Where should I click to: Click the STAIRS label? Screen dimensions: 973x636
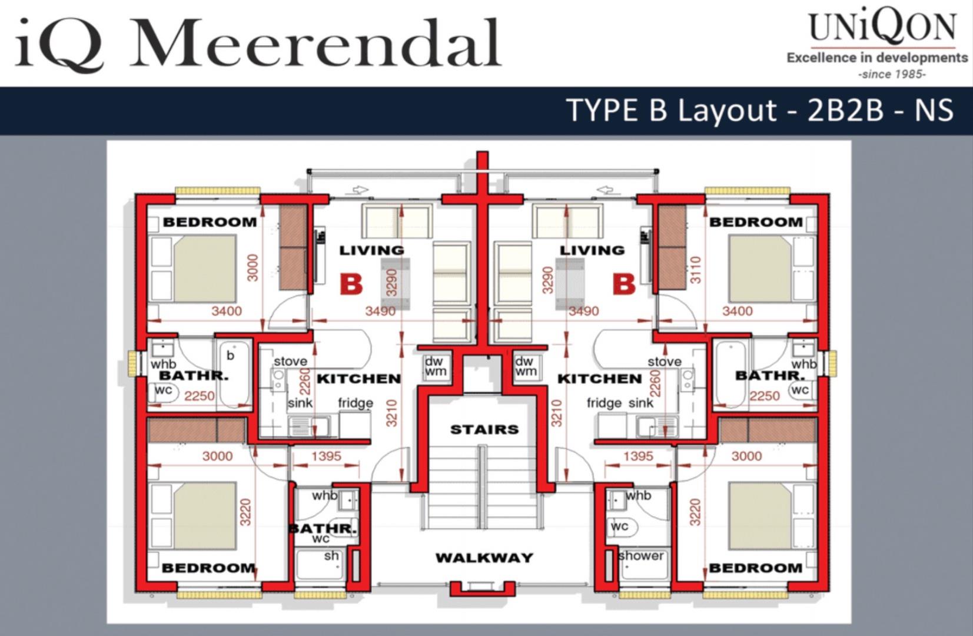(x=484, y=430)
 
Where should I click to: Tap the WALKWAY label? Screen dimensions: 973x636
(x=484, y=557)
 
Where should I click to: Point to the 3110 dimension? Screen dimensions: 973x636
(x=696, y=270)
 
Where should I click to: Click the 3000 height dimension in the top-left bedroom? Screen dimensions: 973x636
(x=253, y=267)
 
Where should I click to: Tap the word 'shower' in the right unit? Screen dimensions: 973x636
(x=641, y=556)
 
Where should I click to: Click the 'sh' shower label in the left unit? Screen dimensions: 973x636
(x=331, y=556)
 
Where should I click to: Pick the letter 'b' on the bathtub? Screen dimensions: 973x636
(x=230, y=355)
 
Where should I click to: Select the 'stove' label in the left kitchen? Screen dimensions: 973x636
(x=291, y=362)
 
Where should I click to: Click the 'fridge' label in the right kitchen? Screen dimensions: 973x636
(x=604, y=403)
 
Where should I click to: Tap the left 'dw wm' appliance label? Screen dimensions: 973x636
(x=435, y=366)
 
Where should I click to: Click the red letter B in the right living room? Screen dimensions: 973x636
(x=624, y=285)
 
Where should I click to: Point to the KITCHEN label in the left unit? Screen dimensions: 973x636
(x=359, y=379)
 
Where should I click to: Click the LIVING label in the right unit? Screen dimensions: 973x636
(x=593, y=250)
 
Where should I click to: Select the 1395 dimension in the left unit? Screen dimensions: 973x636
(x=327, y=456)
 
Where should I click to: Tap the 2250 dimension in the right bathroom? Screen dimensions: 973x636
(x=765, y=396)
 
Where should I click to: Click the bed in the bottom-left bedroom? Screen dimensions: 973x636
(x=205, y=516)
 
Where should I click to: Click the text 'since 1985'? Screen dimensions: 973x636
(x=892, y=74)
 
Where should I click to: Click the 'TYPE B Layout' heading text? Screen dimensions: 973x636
(x=673, y=110)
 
